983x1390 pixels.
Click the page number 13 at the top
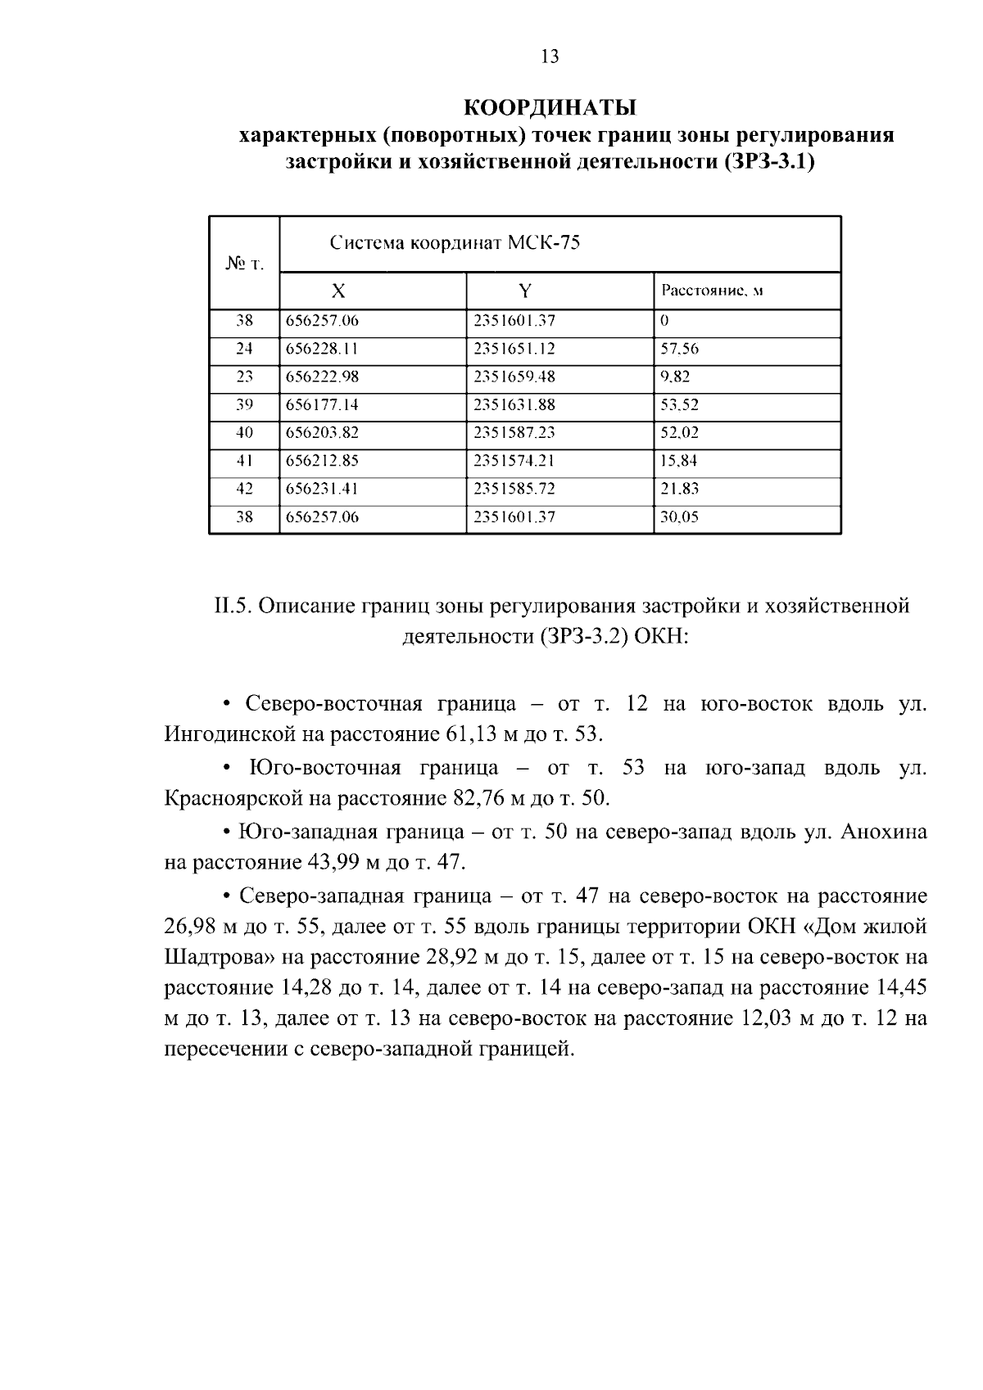(x=550, y=56)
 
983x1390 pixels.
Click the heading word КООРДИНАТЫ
(x=550, y=107)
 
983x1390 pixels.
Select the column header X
(x=337, y=291)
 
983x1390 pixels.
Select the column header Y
(x=525, y=291)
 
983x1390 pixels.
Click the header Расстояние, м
(x=712, y=291)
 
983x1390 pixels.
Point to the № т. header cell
(x=243, y=264)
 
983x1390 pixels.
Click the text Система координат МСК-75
(x=455, y=243)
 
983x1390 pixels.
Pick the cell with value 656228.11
(x=322, y=349)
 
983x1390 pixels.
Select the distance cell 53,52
(x=679, y=404)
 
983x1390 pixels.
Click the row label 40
(x=244, y=433)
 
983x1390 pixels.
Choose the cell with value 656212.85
(x=322, y=461)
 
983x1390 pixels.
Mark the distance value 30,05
(x=679, y=517)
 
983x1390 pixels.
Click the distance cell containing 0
(x=664, y=321)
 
